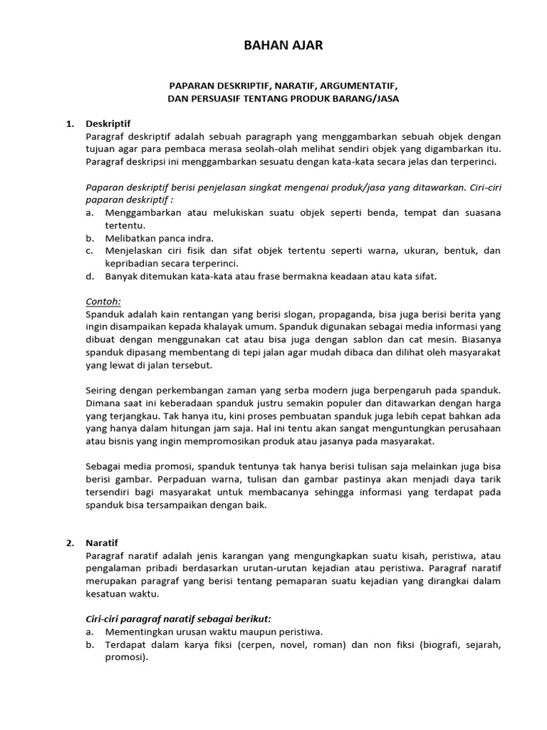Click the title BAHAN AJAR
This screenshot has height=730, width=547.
(273, 46)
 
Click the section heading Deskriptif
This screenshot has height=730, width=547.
(108, 123)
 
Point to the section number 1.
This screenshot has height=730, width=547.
(71, 123)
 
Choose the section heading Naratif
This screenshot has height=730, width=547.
(103, 543)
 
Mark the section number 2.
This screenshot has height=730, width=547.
(71, 543)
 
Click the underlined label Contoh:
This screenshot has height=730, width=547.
(103, 302)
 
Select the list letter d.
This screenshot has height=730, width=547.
(89, 276)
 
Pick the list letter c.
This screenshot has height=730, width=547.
(89, 250)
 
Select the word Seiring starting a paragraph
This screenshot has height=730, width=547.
(102, 391)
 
